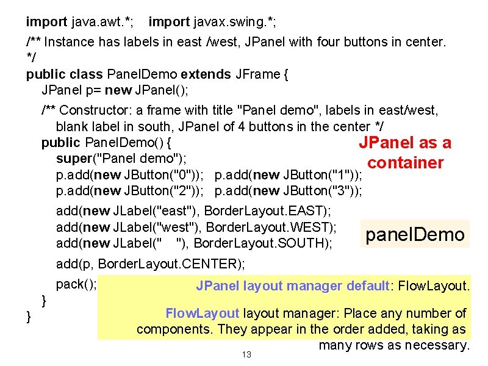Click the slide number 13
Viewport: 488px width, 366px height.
(246, 354)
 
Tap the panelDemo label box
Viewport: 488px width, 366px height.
(415, 234)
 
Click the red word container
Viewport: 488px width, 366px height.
(405, 163)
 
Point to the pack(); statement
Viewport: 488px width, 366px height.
(76, 284)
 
